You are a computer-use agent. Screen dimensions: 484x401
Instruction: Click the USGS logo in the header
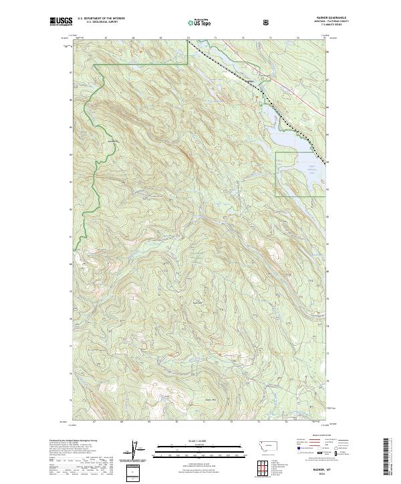point(61,23)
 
